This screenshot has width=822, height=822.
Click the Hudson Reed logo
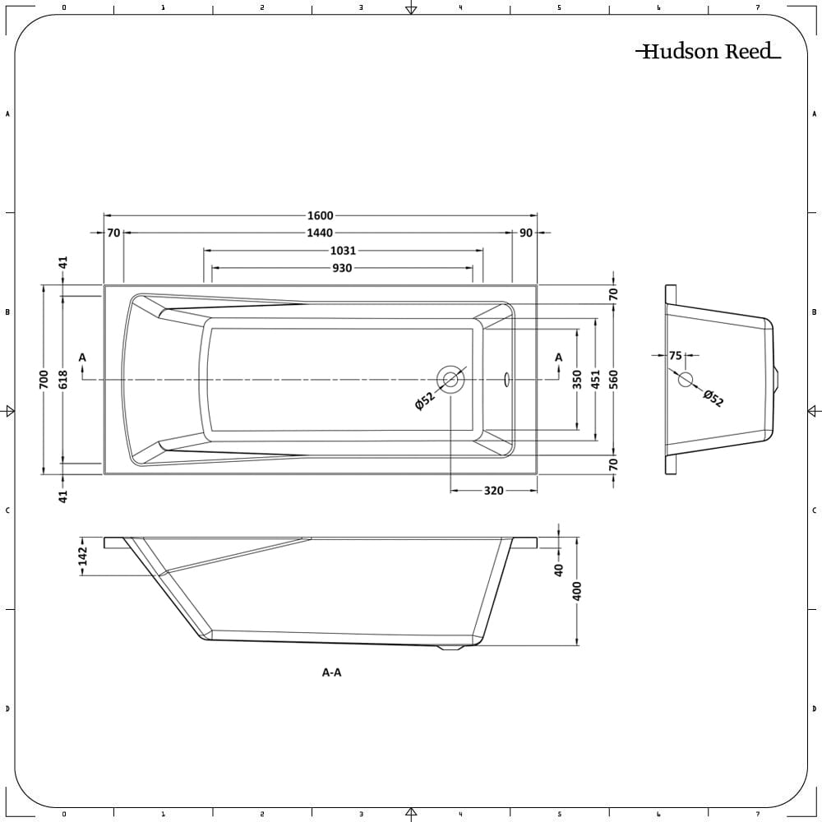(708, 52)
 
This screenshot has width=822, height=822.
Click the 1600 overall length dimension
(321, 216)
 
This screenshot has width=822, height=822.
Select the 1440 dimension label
(321, 233)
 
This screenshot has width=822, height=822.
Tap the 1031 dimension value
(344, 251)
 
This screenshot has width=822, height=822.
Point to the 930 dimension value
(342, 268)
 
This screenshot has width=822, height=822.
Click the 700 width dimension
(44, 379)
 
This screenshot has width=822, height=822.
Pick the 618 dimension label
(63, 379)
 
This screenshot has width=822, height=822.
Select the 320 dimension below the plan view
(493, 491)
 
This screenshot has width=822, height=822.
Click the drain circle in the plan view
(451, 379)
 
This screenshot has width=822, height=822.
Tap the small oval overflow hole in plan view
(507, 379)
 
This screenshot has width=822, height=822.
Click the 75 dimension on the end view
(676, 356)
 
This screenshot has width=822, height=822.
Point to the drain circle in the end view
(686, 379)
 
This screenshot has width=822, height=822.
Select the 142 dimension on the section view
(81, 556)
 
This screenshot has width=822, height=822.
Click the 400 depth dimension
(577, 590)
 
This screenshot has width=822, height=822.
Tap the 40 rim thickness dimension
(559, 569)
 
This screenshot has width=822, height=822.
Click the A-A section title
(331, 672)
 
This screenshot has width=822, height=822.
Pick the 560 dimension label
(613, 379)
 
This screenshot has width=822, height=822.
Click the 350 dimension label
(577, 379)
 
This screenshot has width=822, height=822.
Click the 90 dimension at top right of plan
(526, 233)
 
